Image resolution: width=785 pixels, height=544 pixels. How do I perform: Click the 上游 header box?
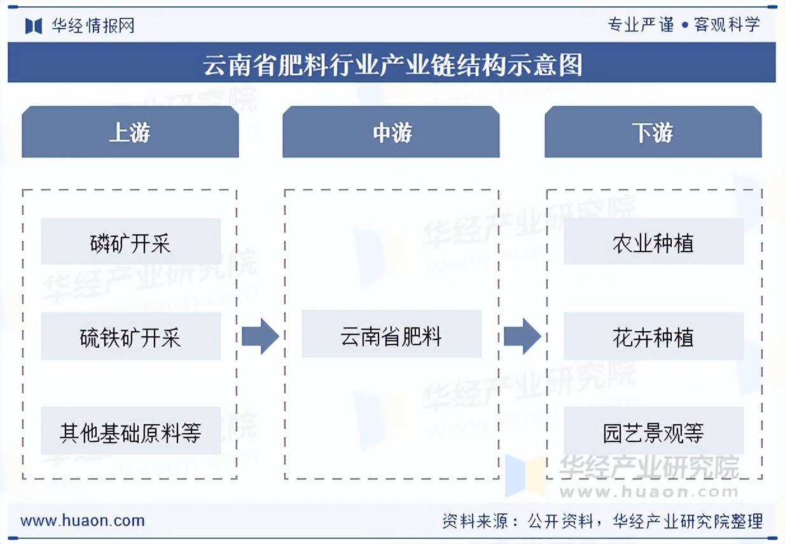[x=130, y=132]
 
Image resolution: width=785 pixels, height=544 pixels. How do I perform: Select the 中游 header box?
[x=391, y=132]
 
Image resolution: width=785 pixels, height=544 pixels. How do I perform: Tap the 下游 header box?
[x=653, y=132]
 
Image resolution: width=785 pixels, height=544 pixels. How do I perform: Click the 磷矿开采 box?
[x=130, y=241]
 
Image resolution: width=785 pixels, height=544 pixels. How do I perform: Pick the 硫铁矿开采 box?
[x=130, y=336]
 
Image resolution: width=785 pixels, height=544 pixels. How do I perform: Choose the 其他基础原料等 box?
[x=130, y=431]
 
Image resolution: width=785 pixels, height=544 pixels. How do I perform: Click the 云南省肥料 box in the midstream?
[x=391, y=334]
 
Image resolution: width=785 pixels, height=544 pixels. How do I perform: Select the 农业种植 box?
[x=653, y=241]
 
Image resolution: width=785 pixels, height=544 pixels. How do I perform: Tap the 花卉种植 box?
[x=653, y=336]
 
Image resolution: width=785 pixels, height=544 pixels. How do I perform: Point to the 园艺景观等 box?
[x=653, y=431]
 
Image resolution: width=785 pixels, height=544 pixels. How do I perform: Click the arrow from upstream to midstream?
[x=260, y=336]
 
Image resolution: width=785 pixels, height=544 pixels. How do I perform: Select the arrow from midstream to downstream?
[x=522, y=336]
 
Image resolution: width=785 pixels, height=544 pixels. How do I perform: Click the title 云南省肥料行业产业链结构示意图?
[x=392, y=64]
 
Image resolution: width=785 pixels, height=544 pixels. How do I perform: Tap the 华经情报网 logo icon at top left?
[x=34, y=25]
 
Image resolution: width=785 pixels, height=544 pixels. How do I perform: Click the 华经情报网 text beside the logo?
[x=93, y=25]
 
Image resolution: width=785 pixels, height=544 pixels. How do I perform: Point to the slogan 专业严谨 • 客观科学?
[x=684, y=25]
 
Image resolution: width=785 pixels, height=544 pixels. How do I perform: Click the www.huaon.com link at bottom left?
[x=83, y=520]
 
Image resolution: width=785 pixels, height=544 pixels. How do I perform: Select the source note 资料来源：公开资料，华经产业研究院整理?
[x=602, y=521]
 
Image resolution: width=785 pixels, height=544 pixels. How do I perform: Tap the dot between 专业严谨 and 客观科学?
[x=684, y=25]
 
